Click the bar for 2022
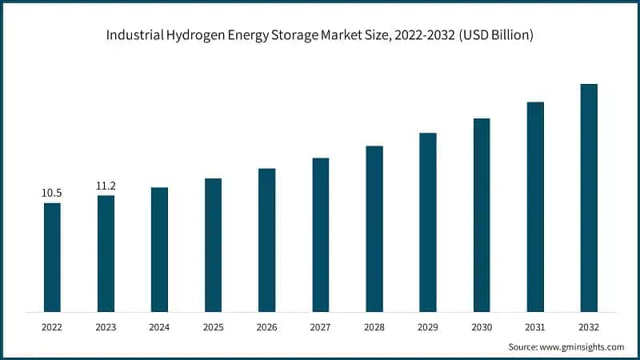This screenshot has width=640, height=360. click(x=52, y=257)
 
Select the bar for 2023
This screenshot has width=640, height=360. click(x=106, y=253)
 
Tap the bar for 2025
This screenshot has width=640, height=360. click(x=213, y=245)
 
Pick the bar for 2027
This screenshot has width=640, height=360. click(x=321, y=234)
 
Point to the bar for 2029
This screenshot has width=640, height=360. click(x=428, y=222)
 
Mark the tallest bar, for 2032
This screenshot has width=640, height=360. click(x=589, y=198)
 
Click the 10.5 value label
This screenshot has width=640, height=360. click(x=52, y=193)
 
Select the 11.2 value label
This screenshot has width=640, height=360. click(x=106, y=186)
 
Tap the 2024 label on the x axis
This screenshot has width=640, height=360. click(x=159, y=327)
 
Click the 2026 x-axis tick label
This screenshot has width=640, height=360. click(x=266, y=327)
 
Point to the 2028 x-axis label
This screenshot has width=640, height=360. click(x=374, y=327)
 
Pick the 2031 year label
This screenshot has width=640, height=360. click(x=535, y=327)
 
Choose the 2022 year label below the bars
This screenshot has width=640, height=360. click(x=52, y=327)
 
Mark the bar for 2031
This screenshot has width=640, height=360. click(x=535, y=206)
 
